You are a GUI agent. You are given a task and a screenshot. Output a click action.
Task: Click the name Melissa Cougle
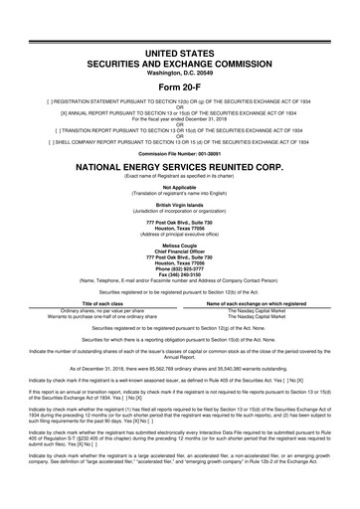click(179, 242)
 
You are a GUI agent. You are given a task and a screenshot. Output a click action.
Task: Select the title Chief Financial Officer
click(179, 249)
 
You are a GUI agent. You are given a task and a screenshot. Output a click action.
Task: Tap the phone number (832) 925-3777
click(179, 269)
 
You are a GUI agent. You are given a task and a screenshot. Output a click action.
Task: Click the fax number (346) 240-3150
click(179, 276)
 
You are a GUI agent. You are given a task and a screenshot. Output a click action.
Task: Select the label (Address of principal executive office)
click(179, 229)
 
